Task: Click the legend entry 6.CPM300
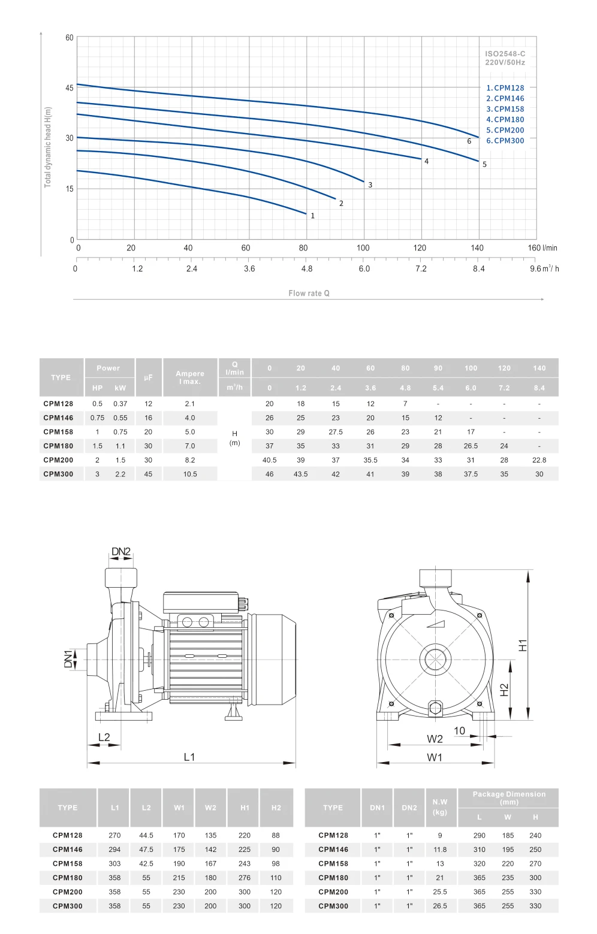click(505, 141)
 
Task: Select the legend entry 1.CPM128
click(505, 88)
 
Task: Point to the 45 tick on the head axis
click(70, 88)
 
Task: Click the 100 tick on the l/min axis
click(363, 248)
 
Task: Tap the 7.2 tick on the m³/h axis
click(421, 269)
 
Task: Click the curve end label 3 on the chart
click(370, 185)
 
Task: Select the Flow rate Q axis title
click(309, 294)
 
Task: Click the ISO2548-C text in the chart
click(505, 54)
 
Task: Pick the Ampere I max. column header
click(190, 377)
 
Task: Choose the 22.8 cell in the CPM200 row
click(539, 460)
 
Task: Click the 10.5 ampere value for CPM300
click(190, 474)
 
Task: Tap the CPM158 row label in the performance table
click(58, 432)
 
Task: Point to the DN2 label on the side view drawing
click(120, 552)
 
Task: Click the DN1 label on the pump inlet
click(68, 659)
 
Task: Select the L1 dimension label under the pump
click(189, 757)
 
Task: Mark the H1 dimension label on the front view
click(523, 645)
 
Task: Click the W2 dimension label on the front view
click(435, 739)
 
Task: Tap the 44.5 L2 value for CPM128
click(146, 835)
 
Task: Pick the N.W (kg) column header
click(440, 807)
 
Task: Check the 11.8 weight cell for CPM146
click(440, 850)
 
